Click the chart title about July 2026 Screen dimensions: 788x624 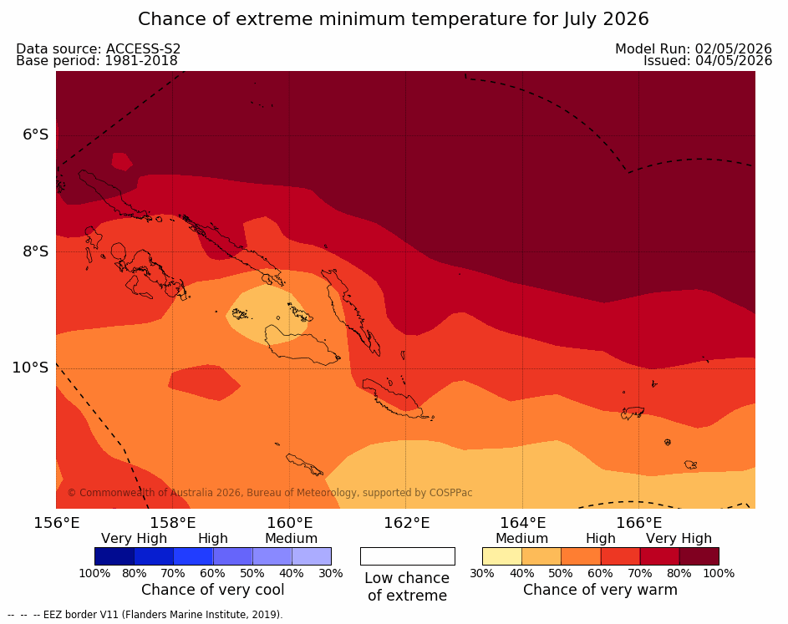[x=394, y=19]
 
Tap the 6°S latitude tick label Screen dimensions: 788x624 [x=36, y=134]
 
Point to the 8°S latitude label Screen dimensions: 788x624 [x=36, y=251]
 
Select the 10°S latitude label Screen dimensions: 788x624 [x=31, y=368]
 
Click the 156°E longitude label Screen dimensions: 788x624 [x=56, y=523]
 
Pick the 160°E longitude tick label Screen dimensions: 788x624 [x=289, y=523]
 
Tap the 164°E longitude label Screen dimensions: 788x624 [x=522, y=523]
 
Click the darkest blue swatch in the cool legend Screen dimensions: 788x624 [x=114, y=556]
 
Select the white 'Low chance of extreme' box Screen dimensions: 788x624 [x=408, y=556]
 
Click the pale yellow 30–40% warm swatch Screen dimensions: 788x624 [x=502, y=556]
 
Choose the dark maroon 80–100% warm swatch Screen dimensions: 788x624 [x=699, y=556]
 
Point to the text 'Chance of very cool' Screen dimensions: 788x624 [x=212, y=590]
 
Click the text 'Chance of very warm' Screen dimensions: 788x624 [x=600, y=590]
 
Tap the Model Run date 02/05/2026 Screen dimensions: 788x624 [x=733, y=48]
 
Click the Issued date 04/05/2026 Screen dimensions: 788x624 [x=734, y=61]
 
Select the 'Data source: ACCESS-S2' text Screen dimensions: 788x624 [x=99, y=48]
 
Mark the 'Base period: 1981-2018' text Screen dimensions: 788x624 [x=97, y=61]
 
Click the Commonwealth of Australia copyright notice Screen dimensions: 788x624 [x=270, y=493]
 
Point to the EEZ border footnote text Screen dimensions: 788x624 [x=145, y=615]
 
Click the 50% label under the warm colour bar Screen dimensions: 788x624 [x=561, y=573]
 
